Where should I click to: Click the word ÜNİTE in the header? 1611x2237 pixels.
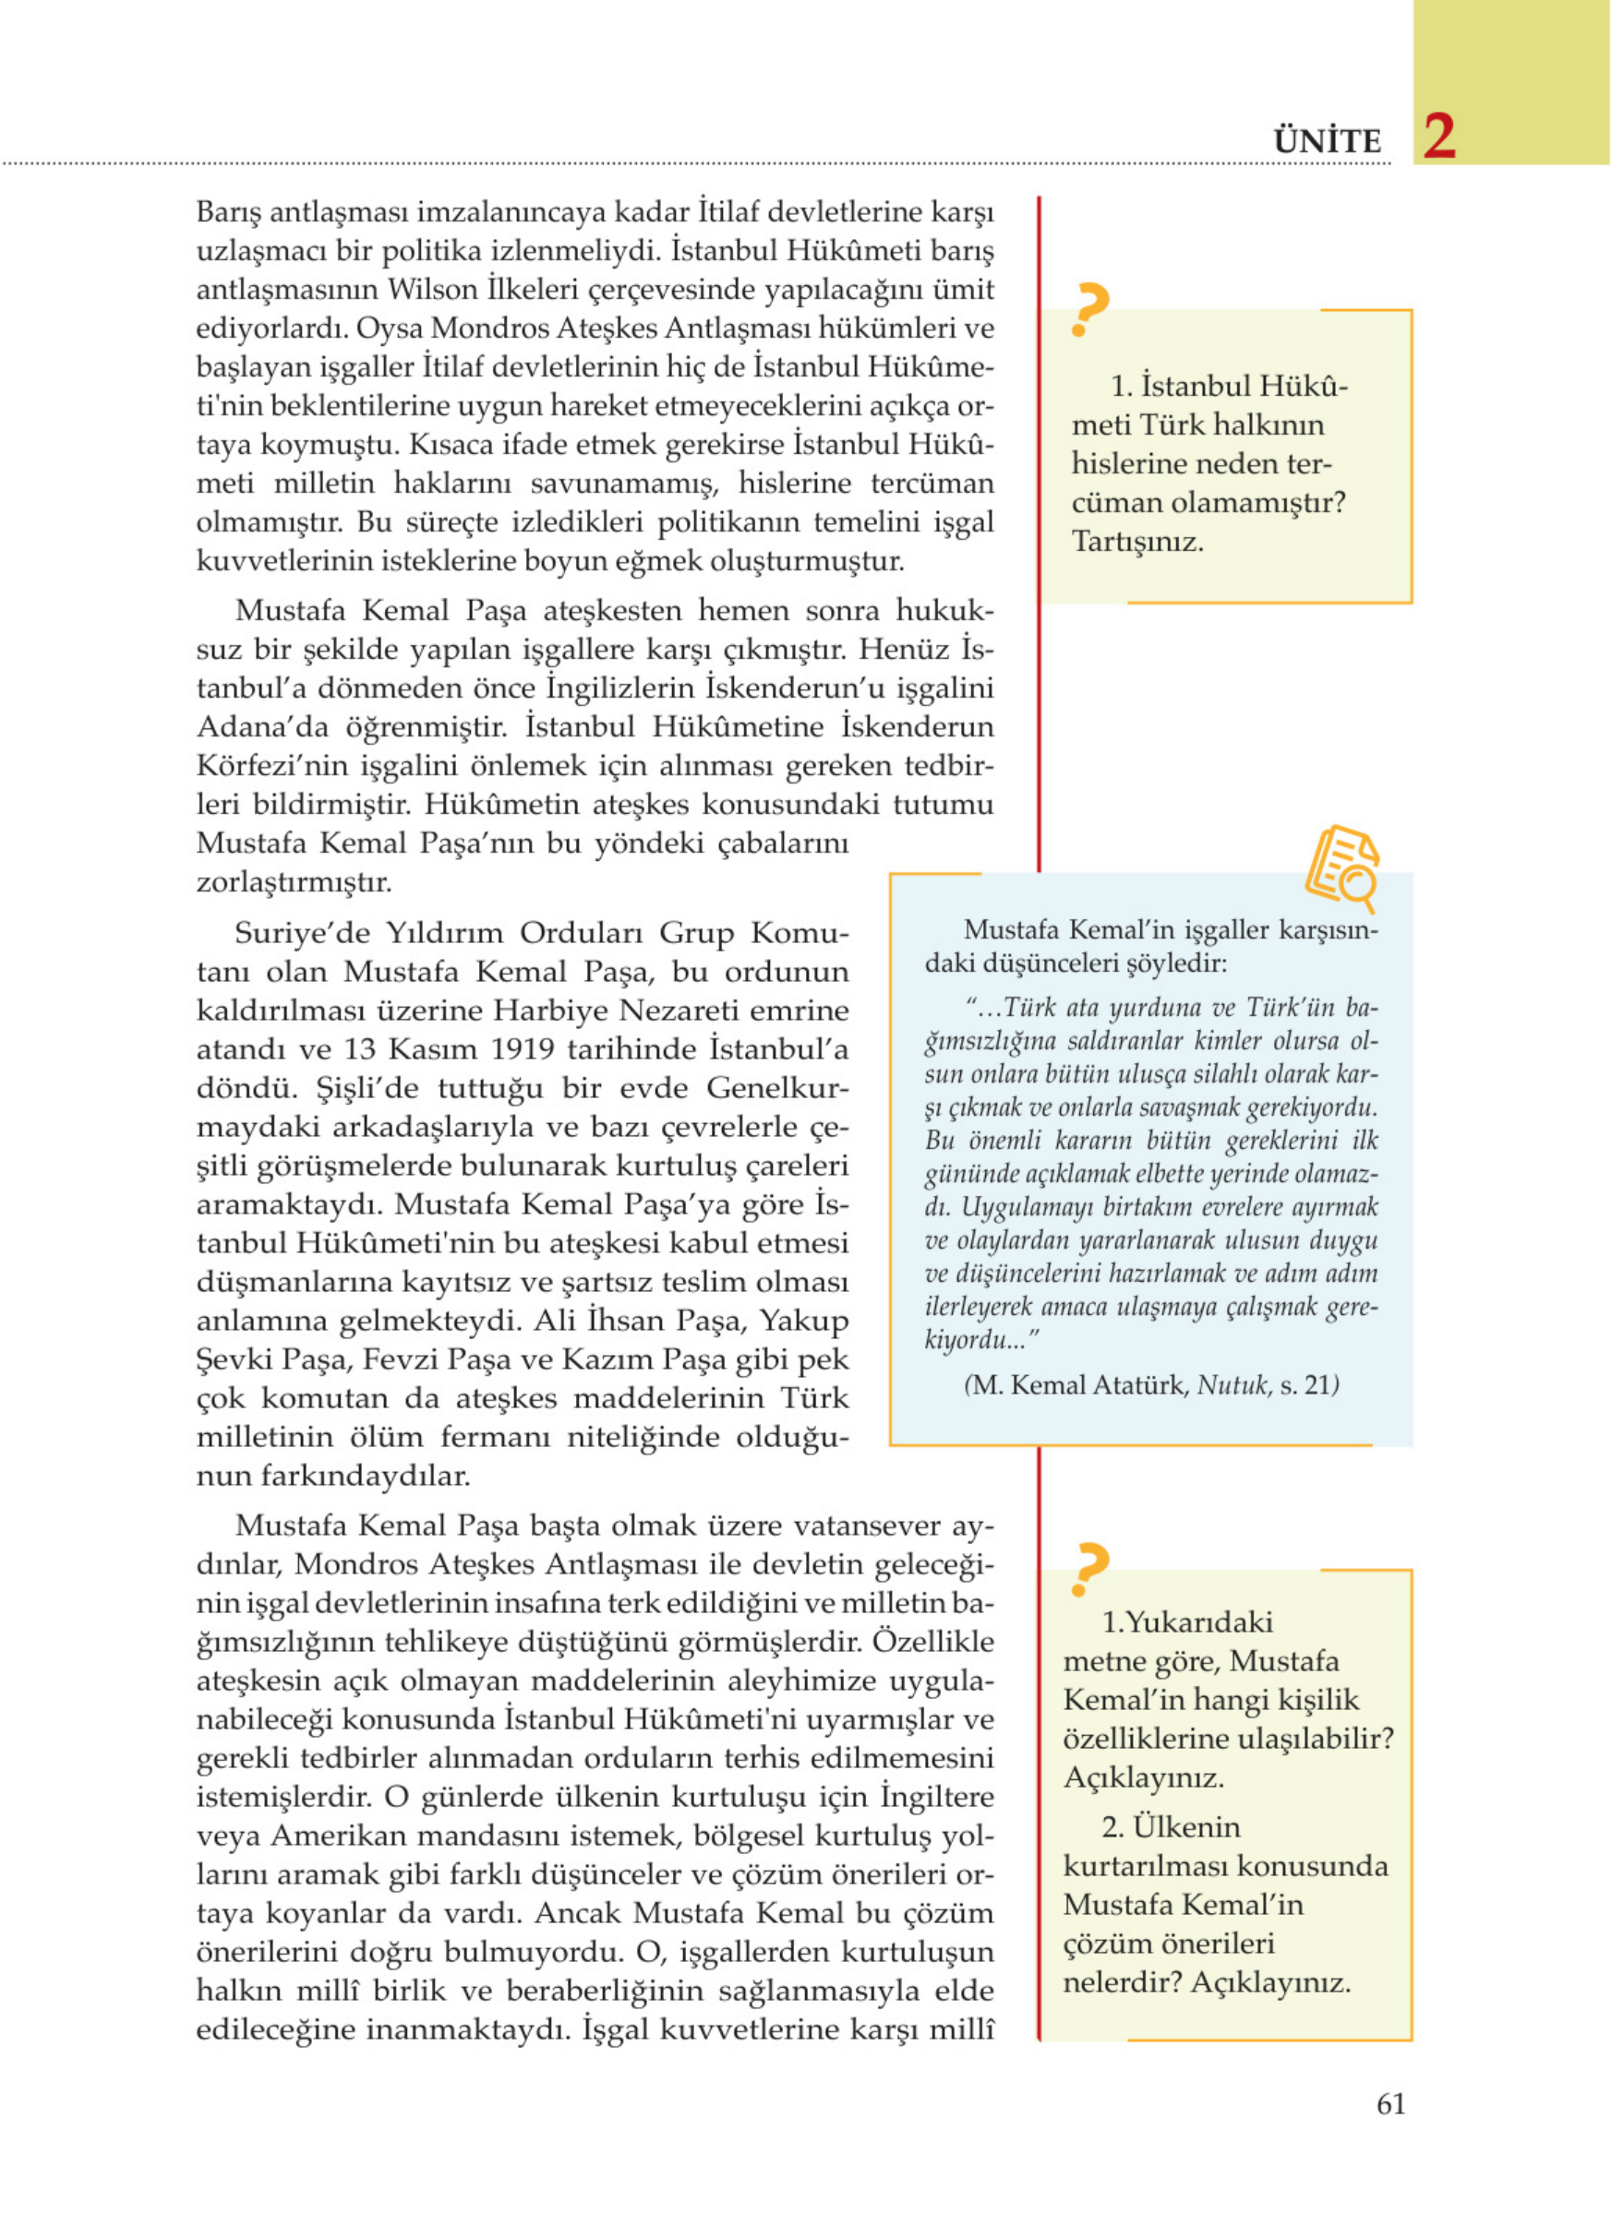pyautogui.click(x=1327, y=141)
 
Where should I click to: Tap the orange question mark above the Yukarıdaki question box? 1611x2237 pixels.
pyautogui.click(x=1090, y=1569)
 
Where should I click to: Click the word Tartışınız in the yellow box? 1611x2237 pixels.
pyautogui.click(x=1137, y=542)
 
